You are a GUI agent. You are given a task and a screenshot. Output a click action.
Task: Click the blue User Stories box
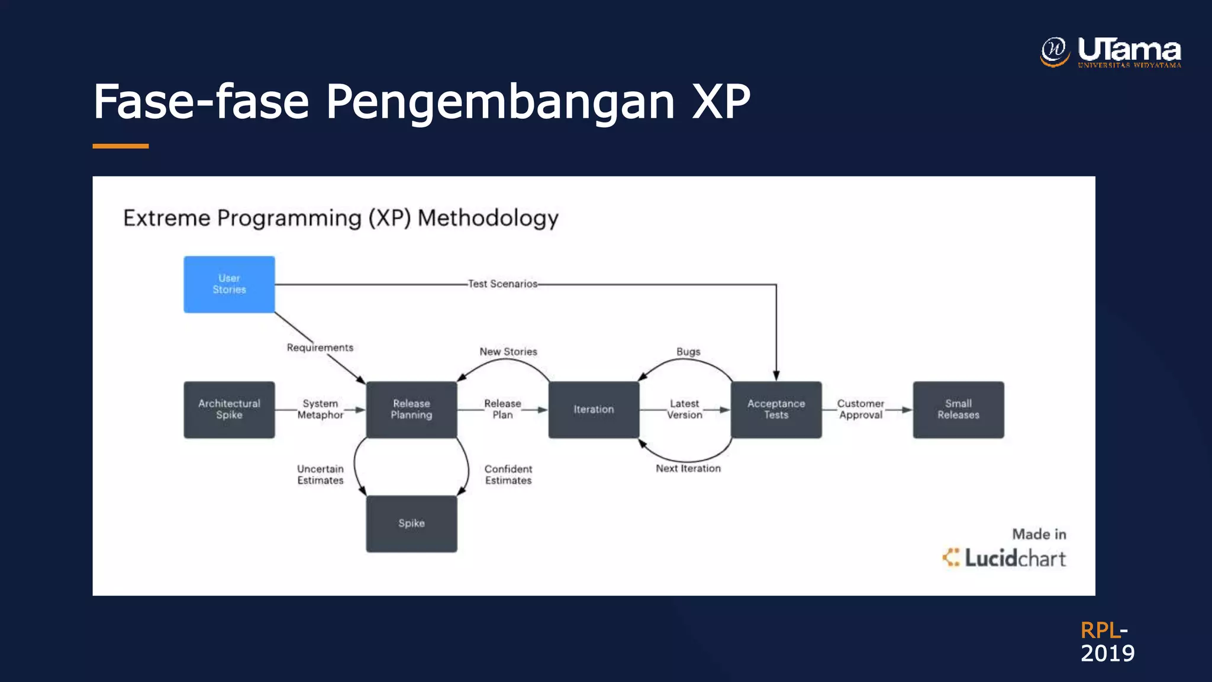[x=229, y=284]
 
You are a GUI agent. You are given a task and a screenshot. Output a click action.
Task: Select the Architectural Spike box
[x=229, y=410]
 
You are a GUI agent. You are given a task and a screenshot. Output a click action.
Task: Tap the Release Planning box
[x=411, y=410]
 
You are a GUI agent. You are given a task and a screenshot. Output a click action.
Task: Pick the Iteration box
[x=594, y=410]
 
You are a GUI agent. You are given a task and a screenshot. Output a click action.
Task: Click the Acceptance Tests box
[x=776, y=410]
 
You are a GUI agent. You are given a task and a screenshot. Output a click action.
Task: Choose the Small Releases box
[x=958, y=410]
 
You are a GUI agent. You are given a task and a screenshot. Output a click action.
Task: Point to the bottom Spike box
[x=411, y=523]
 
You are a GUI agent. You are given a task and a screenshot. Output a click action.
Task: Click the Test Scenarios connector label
[x=502, y=284]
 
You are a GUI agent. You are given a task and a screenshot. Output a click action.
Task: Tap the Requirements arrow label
[x=320, y=348]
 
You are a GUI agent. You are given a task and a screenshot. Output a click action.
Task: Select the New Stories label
[x=508, y=352]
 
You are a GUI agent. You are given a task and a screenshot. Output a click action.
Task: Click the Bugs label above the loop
[x=688, y=352]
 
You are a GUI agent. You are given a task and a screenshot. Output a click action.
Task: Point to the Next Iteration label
[x=688, y=468]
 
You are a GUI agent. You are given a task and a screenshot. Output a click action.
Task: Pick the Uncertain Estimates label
[x=320, y=475]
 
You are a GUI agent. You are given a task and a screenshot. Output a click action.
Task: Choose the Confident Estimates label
[x=508, y=475]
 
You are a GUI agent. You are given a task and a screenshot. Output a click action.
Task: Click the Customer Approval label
[x=860, y=410]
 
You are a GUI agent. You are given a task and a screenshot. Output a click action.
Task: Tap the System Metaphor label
[x=320, y=410]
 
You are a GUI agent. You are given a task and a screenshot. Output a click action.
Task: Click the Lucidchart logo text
[x=1014, y=558]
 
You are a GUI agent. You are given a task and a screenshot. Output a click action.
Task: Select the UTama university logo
[x=1111, y=52]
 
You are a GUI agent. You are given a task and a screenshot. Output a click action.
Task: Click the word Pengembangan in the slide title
[x=500, y=102]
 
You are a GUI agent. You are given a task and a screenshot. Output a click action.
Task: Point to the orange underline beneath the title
[x=121, y=146]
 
